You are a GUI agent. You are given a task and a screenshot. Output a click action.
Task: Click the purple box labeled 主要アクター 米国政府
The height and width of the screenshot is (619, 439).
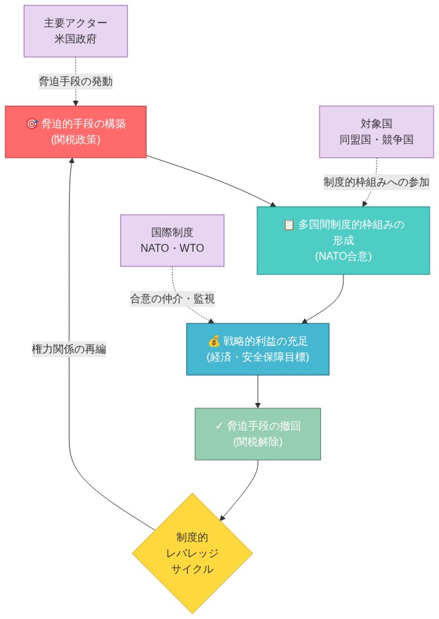click(76, 31)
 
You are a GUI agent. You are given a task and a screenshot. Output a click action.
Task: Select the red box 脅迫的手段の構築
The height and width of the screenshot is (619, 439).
click(76, 132)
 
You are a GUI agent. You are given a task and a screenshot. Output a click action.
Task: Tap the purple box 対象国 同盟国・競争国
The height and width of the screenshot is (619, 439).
click(376, 132)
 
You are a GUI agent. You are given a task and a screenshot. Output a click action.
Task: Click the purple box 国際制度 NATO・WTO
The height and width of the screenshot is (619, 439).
click(172, 240)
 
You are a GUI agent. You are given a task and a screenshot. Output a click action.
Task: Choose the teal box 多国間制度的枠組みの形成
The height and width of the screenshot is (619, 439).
click(343, 240)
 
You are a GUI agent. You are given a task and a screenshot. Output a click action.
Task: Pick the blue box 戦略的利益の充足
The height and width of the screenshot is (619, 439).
click(257, 349)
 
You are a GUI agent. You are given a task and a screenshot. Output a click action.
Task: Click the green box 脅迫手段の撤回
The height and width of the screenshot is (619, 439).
click(257, 433)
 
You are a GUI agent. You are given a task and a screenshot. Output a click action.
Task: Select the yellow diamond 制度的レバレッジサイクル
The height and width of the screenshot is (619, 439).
click(192, 553)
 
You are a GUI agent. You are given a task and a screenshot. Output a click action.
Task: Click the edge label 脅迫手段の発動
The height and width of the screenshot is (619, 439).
click(76, 82)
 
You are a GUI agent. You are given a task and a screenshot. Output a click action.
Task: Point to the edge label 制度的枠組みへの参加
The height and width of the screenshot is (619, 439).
click(376, 182)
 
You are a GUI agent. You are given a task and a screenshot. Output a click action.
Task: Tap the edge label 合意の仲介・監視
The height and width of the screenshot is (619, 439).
click(172, 299)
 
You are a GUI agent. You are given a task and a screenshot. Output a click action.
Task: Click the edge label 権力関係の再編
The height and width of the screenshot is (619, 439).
click(69, 349)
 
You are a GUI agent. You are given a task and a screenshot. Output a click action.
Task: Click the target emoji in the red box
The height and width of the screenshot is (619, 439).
click(32, 124)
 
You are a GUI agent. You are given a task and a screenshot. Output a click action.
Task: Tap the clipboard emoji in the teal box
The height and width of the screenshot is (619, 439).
click(288, 225)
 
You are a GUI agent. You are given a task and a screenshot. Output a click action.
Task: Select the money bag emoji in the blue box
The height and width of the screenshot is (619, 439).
click(214, 341)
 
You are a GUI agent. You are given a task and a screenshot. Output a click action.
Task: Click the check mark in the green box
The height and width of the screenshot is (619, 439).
click(219, 426)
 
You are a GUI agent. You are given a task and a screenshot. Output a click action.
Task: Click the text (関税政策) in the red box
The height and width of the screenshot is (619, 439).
click(76, 140)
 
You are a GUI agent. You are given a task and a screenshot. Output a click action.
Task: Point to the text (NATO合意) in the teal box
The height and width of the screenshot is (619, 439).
click(343, 256)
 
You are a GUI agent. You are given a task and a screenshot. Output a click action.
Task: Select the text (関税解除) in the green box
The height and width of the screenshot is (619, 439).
click(257, 442)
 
